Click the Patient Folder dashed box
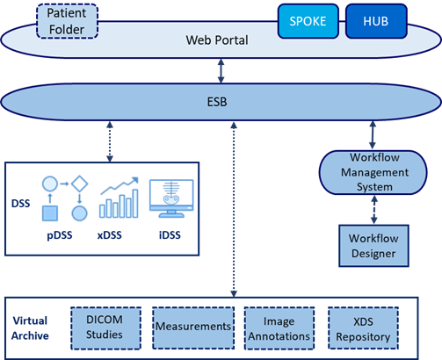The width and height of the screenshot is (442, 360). click(67, 21)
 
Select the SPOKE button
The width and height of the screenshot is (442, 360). click(308, 21)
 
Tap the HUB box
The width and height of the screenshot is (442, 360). click(376, 21)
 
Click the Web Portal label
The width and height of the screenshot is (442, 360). click(217, 40)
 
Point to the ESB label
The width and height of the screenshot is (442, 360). click(217, 102)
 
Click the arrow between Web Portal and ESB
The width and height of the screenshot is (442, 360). click(221, 71)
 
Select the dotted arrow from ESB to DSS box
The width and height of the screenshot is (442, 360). click(110, 141)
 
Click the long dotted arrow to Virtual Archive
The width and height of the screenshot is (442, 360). click(234, 210)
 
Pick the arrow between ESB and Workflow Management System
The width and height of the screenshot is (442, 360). click(373, 135)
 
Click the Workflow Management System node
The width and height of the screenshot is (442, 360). click(373, 172)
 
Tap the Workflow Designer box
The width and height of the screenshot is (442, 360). click(373, 246)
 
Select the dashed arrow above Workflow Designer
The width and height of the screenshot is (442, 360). click(374, 210)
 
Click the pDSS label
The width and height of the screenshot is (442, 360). click(60, 235)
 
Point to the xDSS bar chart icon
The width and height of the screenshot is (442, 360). click(119, 198)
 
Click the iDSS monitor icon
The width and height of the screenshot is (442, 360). click(171, 198)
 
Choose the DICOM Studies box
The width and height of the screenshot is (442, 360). click(105, 328)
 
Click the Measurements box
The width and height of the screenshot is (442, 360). click(193, 328)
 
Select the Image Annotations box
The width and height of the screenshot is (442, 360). click(279, 328)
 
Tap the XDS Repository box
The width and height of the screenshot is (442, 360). click(363, 328)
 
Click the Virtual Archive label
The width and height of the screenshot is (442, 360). click(30, 328)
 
